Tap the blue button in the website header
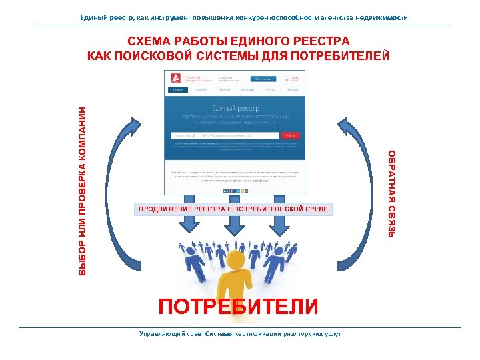[255, 78]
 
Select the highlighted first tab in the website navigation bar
[177, 89]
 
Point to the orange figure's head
[238, 257]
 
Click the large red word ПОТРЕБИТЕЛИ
[238, 306]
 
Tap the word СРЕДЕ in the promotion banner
[317, 209]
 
